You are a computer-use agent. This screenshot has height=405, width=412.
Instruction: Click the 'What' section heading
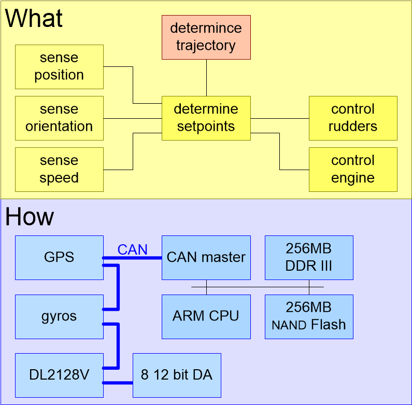point(34,19)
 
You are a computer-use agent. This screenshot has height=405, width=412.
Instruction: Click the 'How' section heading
point(30,217)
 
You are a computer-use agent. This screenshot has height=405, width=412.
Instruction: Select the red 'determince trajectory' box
point(206,37)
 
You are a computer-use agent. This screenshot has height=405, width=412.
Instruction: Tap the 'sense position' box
point(59,66)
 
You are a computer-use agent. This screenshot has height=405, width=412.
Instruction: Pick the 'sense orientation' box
point(59,118)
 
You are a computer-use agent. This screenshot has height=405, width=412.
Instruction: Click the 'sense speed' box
point(59,169)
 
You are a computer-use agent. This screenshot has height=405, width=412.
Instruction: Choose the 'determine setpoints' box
point(206,118)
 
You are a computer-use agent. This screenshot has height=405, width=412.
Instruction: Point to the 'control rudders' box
point(353,118)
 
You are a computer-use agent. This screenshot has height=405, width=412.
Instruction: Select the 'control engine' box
point(353,169)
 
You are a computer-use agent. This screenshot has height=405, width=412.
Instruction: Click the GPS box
point(59,257)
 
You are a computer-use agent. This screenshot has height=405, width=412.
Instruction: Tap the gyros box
point(59,316)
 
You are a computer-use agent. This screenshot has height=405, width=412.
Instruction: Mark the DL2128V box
point(59,375)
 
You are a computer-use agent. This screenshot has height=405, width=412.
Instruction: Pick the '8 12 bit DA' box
point(177,375)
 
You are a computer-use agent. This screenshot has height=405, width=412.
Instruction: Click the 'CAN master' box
point(206,257)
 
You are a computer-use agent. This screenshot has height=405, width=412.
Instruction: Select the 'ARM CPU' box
point(206,316)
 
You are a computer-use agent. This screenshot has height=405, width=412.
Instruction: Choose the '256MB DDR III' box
point(309,257)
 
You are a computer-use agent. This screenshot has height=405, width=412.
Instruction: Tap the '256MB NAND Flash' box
point(309,316)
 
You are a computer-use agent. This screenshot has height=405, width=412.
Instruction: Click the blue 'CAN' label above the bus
point(132,250)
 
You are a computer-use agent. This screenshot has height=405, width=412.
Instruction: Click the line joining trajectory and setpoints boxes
point(206,77)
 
